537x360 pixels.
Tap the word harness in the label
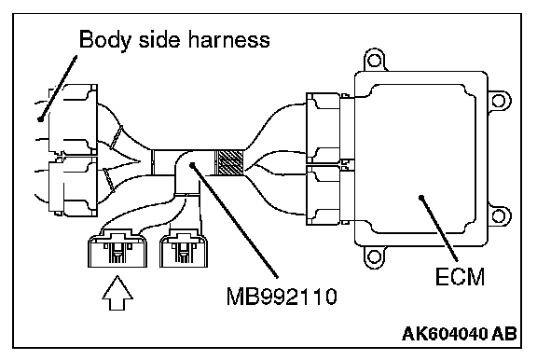(x=228, y=39)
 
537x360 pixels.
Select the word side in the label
(x=158, y=39)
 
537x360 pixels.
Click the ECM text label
(x=460, y=276)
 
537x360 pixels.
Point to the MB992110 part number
(x=282, y=297)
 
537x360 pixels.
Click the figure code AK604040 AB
(x=459, y=333)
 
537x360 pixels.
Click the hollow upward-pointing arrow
(x=117, y=293)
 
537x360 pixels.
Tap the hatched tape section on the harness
(x=228, y=162)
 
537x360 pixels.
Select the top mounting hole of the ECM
(x=374, y=61)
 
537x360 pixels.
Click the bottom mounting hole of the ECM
(x=374, y=256)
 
